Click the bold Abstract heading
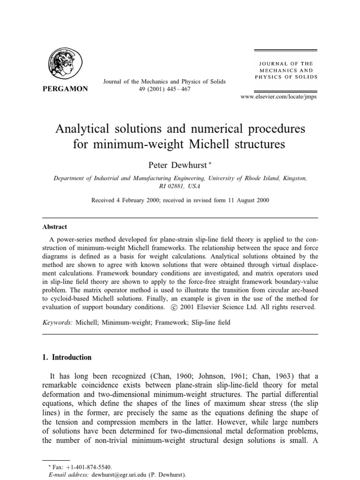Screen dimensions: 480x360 coord(55,226)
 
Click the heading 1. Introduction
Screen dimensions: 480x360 coord(67,357)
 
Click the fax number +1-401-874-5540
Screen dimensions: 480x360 coord(88,467)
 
